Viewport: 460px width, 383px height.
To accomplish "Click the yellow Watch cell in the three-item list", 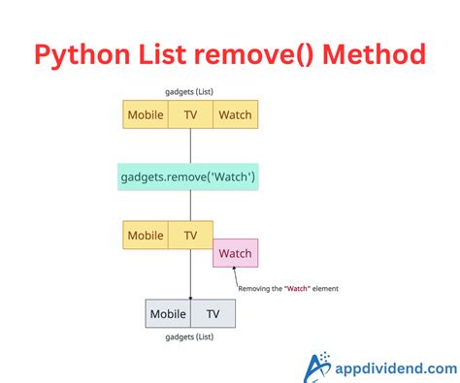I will [234, 114].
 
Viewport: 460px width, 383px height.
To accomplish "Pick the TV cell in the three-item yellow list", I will [190, 114].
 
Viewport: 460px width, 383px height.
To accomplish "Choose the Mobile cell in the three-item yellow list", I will [146, 114].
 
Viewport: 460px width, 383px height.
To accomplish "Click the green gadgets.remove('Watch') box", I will [188, 176].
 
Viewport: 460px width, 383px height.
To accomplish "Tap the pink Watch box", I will [235, 253].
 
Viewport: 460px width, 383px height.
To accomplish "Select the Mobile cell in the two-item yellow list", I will [146, 235].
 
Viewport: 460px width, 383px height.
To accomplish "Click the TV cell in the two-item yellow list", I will [190, 235].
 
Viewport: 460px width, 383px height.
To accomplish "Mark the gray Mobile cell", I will [168, 314].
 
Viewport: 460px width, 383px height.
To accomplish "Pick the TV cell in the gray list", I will [213, 314].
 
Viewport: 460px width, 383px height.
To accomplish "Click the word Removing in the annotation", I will [254, 288].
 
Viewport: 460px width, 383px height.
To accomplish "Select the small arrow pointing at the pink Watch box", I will [236, 275].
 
